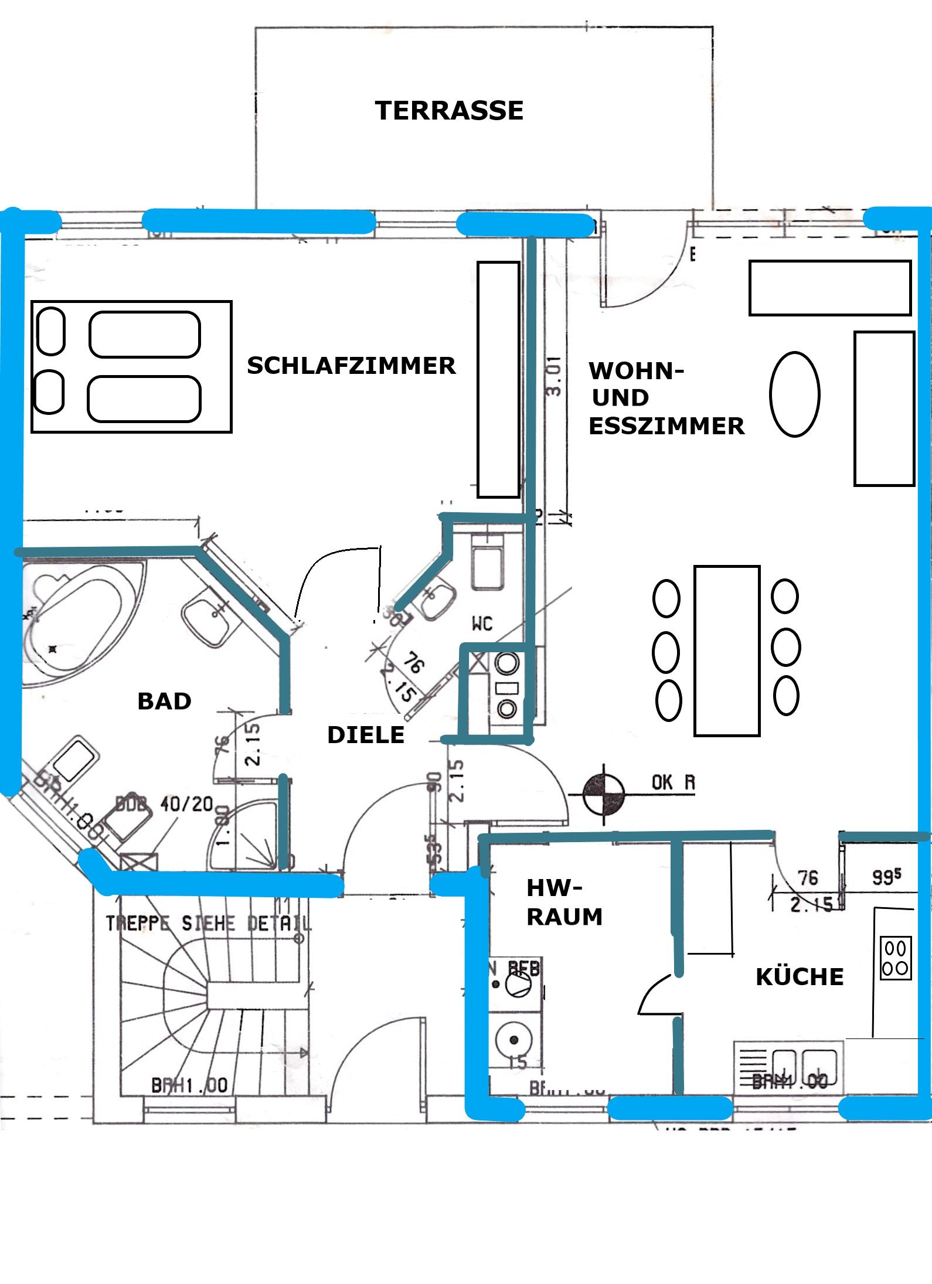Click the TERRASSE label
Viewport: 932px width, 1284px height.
click(449, 111)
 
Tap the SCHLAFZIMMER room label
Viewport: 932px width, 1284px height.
click(351, 366)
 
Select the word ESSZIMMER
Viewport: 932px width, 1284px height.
click(666, 426)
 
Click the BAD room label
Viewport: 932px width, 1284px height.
click(164, 701)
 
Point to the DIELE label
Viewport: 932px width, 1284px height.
click(366, 734)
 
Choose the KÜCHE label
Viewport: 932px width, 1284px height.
click(800, 977)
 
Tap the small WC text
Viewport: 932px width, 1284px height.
click(482, 624)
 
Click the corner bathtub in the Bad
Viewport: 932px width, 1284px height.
click(76, 621)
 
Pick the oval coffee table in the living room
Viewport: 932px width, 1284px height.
click(794, 394)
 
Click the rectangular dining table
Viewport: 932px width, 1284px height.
click(727, 650)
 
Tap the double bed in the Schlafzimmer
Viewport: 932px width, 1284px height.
click(131, 367)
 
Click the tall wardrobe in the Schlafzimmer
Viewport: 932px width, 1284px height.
click(498, 379)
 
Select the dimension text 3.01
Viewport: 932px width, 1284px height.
click(555, 377)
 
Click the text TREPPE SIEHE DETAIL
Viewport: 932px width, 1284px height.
click(208, 924)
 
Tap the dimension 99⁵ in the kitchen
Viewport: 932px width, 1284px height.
click(886, 877)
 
